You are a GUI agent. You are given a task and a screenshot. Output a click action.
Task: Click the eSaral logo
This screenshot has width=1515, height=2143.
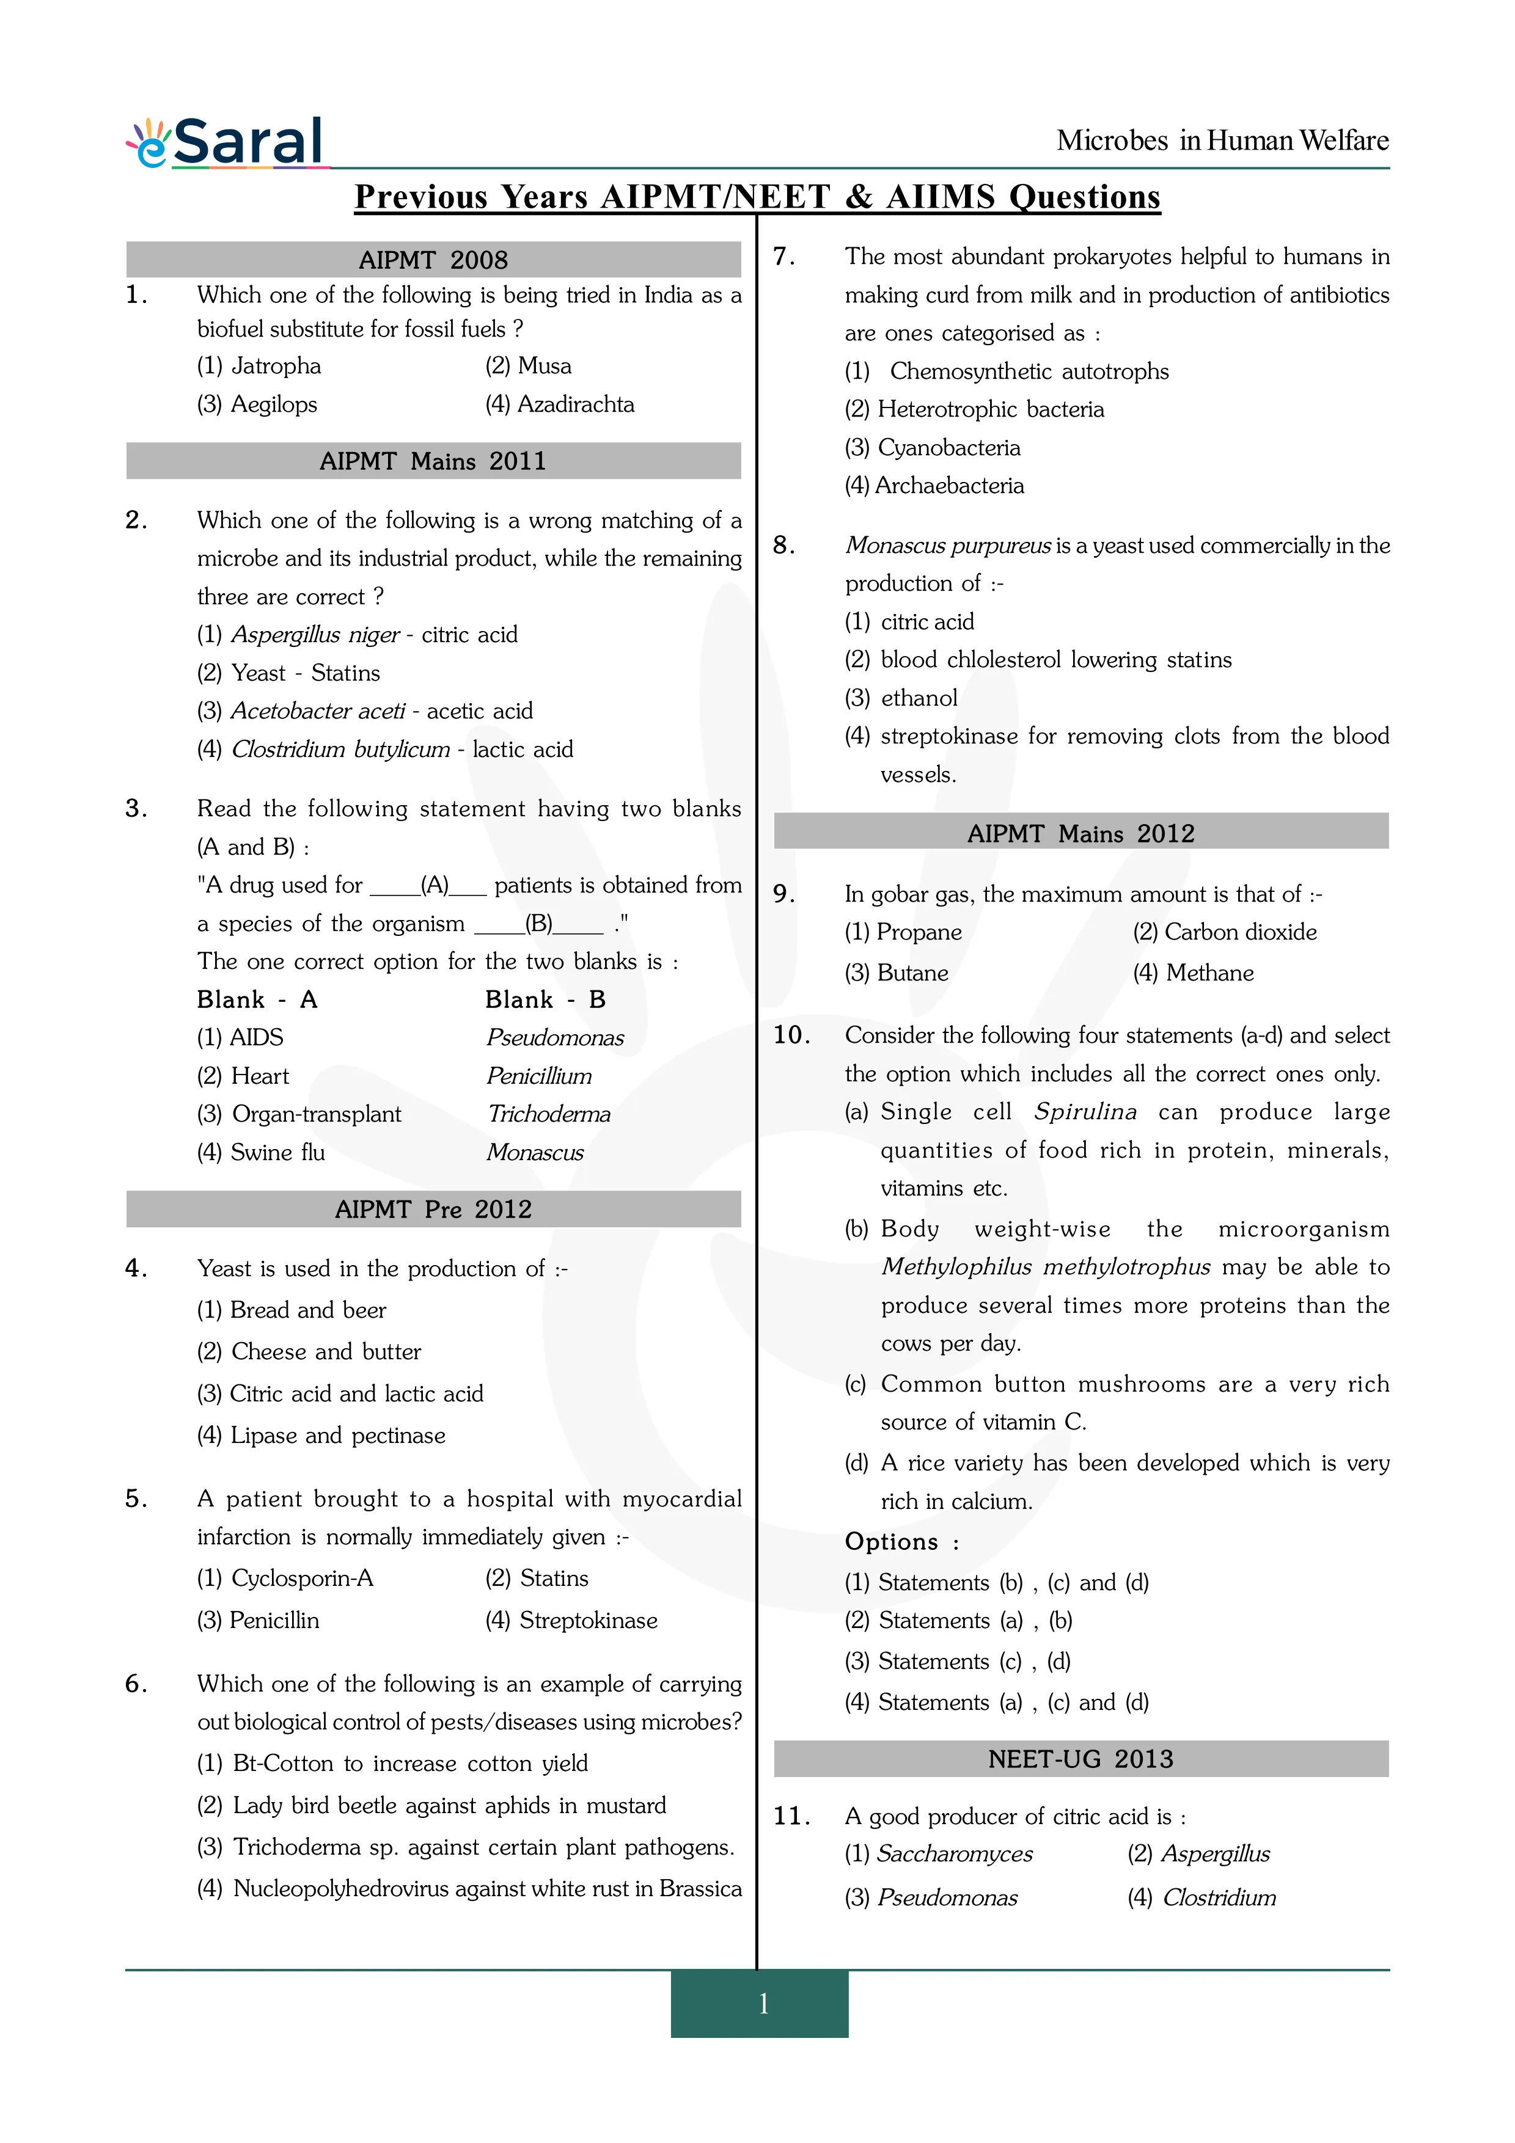[x=227, y=143]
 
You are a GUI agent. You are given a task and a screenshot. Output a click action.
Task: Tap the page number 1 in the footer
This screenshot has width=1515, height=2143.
[x=763, y=2004]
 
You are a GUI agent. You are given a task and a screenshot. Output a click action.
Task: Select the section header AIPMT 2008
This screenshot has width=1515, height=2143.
[x=433, y=260]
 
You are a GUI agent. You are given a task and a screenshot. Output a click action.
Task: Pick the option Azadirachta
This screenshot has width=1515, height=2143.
[x=560, y=404]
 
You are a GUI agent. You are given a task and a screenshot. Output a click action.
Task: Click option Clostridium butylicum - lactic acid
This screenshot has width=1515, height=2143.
[x=386, y=750]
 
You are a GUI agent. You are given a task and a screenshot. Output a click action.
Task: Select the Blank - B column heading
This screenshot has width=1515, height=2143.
[x=545, y=999]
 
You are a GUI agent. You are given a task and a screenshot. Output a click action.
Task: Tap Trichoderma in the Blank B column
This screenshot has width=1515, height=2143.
[x=549, y=1114]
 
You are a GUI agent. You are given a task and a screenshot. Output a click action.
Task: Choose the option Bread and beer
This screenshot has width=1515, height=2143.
[x=292, y=1310]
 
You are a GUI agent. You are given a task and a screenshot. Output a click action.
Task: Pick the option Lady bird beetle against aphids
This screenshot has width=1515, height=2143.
[x=432, y=1806]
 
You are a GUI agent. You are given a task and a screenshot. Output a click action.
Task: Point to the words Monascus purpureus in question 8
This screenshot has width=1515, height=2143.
[x=947, y=546]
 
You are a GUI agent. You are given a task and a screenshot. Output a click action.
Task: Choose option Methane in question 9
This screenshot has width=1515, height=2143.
[x=1194, y=974]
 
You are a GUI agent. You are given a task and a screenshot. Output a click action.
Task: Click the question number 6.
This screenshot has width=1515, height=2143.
[x=136, y=1684]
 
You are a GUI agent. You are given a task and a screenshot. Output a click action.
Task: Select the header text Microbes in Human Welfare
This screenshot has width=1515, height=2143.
[x=1222, y=141]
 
